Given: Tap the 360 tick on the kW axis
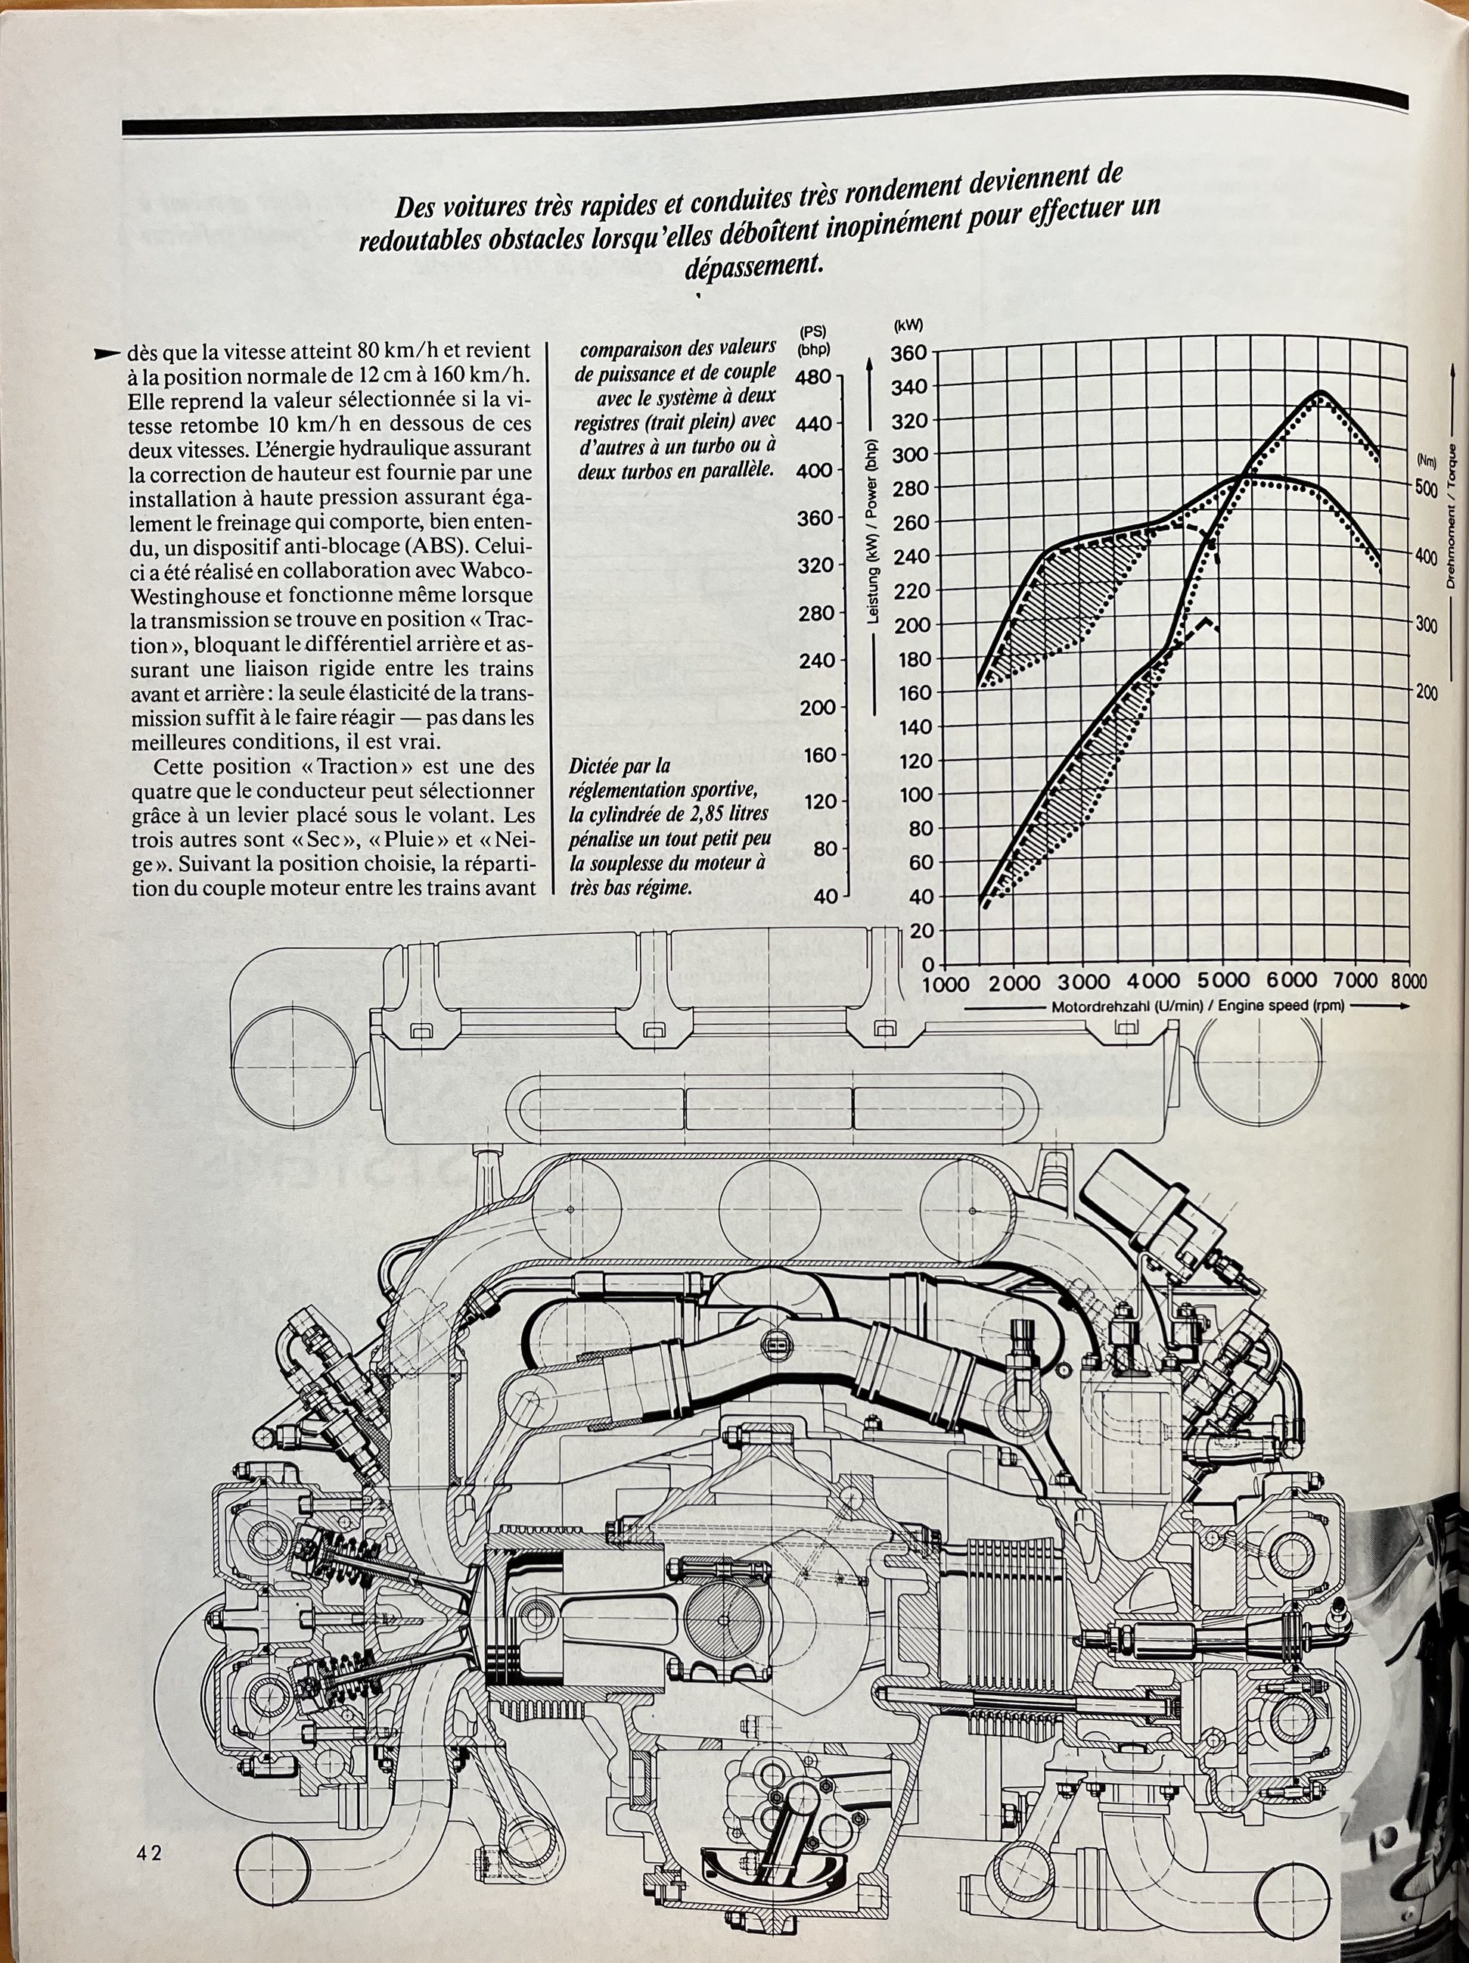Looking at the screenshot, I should click(x=908, y=353).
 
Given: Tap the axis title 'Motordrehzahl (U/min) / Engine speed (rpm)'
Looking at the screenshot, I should click(x=1197, y=1006).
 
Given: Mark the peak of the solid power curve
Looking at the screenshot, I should click(x=1321, y=391).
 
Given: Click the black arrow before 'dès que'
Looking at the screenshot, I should click(x=107, y=353).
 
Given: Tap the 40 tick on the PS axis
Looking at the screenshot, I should click(x=825, y=896).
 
